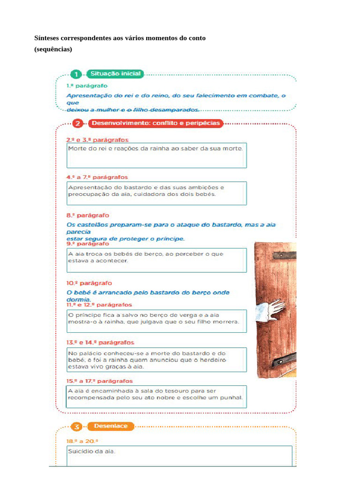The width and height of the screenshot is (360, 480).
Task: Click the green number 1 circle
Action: [76, 75]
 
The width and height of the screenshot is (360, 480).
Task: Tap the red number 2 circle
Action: [78, 123]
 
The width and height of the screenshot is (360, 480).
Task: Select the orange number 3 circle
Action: [78, 427]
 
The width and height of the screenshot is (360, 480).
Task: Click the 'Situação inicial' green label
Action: [115, 74]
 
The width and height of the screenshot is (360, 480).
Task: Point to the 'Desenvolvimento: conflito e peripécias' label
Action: [155, 123]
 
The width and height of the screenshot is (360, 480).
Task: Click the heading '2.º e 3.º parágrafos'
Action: [97, 140]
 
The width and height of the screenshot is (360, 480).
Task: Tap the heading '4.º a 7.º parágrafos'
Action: [97, 177]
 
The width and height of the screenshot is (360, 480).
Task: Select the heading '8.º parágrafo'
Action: [88, 215]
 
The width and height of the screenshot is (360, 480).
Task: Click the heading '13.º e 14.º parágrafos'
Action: [100, 343]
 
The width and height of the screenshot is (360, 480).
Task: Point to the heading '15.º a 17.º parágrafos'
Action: [99, 381]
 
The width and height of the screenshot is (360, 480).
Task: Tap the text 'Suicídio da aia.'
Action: [91, 451]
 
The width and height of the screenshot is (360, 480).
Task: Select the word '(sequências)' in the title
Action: [53, 49]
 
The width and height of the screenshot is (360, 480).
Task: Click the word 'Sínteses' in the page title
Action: [46, 38]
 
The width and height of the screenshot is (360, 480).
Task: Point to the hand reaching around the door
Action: [271, 309]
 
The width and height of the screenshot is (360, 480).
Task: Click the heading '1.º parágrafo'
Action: [87, 86]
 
